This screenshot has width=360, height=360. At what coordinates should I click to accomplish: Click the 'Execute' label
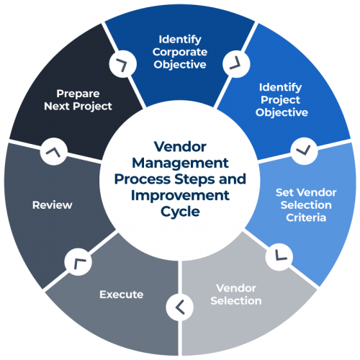121,294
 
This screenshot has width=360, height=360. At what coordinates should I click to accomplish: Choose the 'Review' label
53,205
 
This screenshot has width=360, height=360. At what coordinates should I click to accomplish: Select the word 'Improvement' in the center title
179,195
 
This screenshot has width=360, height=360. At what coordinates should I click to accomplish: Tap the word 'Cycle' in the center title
179,212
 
